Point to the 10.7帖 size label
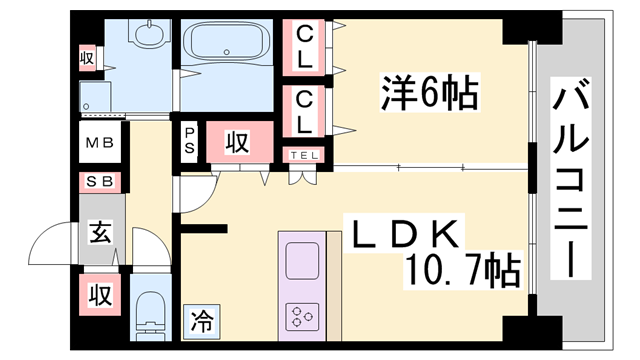click(461, 268)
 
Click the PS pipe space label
click(189, 141)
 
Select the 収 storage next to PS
click(236, 142)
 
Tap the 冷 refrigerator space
click(202, 322)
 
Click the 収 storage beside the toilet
click(99, 296)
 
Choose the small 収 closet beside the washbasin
click(87, 59)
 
